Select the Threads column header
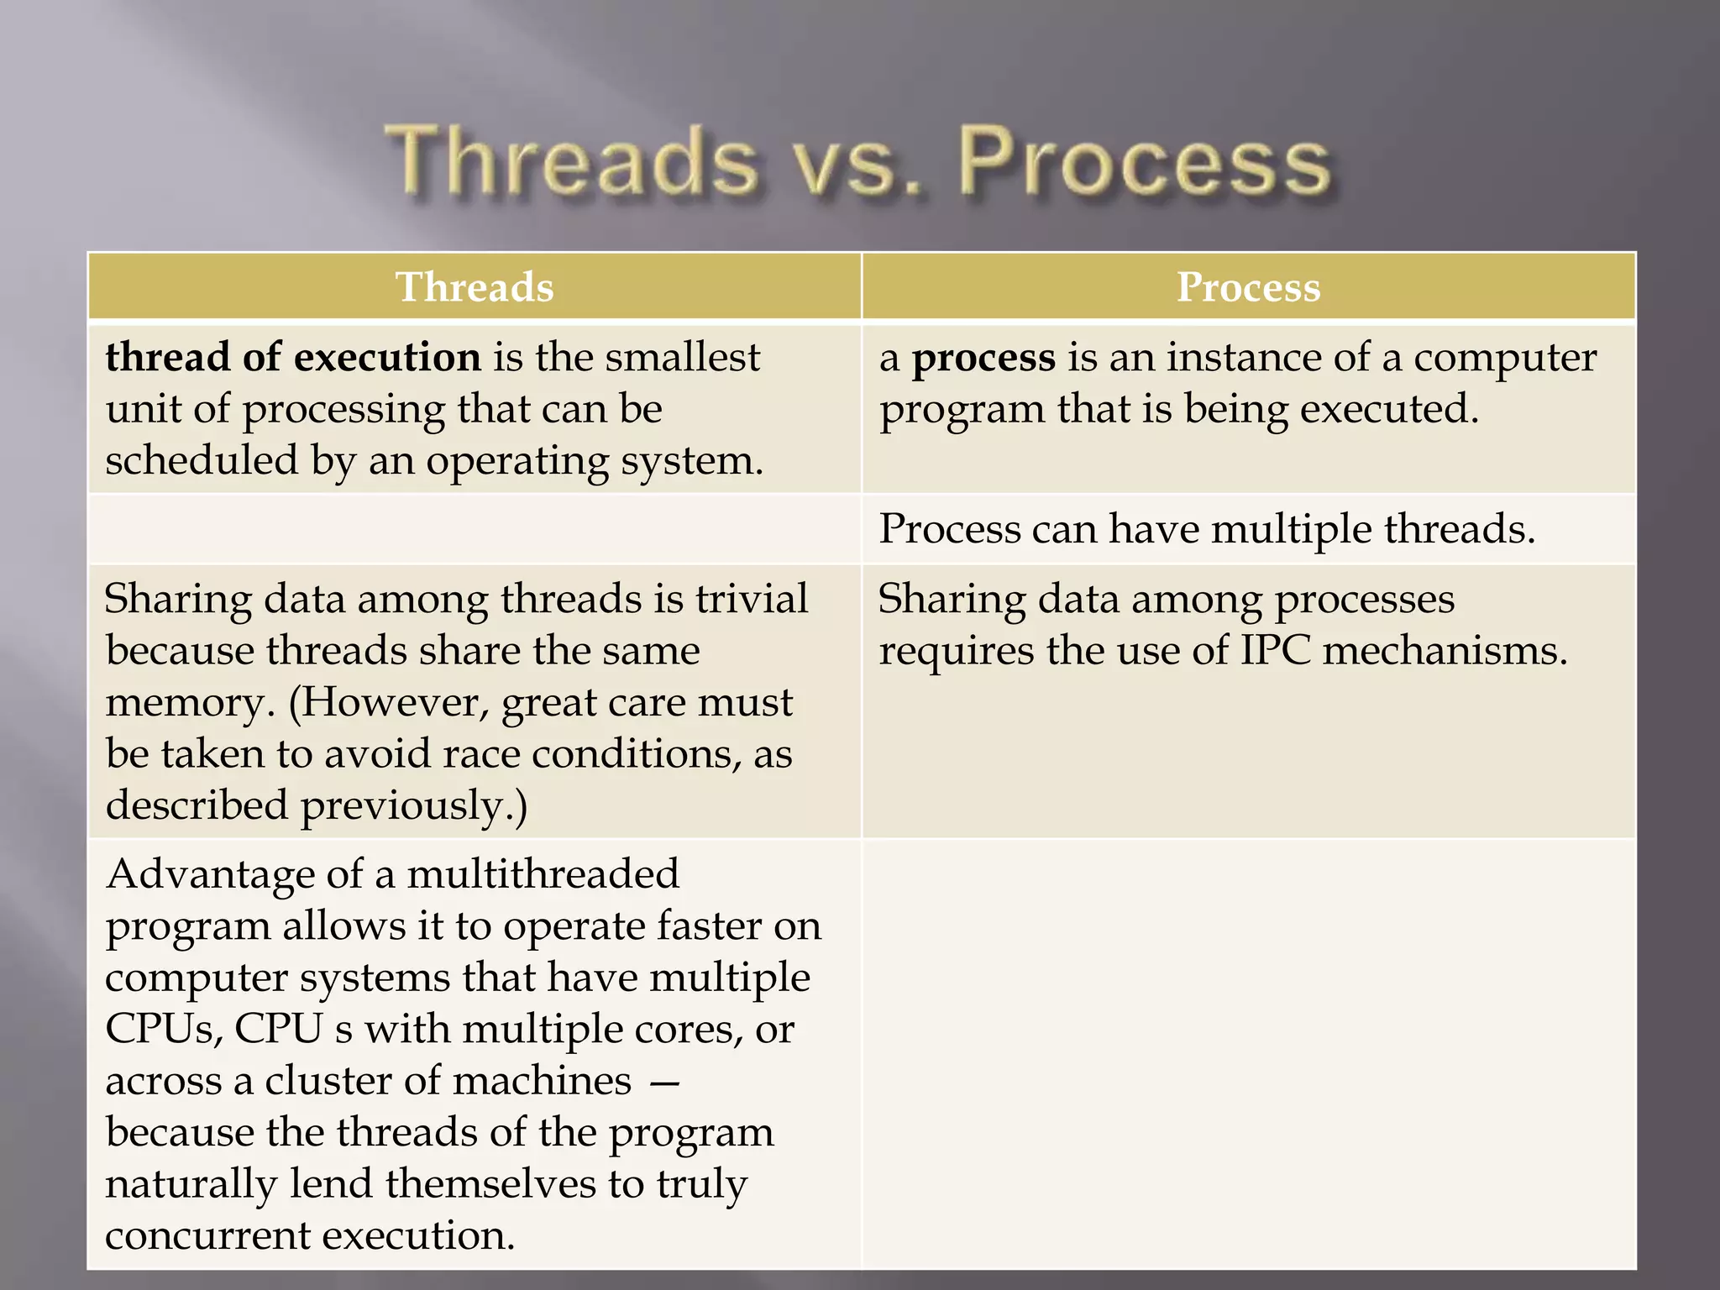[475, 287]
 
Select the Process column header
[1248, 287]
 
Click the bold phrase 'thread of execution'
[293, 357]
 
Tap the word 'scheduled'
[202, 460]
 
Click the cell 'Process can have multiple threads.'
[1207, 529]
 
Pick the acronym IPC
[1275, 650]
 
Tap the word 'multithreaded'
[543, 874]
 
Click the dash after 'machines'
[664, 1082]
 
